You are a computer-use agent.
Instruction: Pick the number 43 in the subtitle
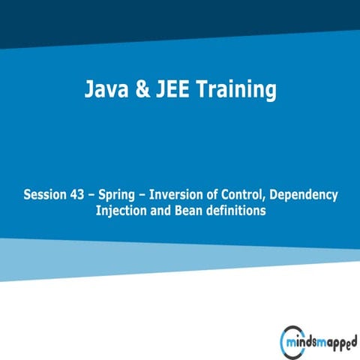tap(82, 195)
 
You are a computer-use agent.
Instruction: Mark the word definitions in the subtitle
tap(236, 211)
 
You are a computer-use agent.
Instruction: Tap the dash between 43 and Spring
tap(97, 196)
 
